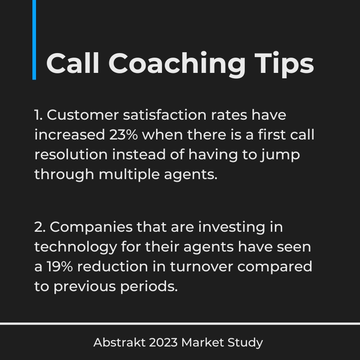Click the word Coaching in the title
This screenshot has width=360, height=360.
tap(177, 65)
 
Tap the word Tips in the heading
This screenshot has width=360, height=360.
tap(284, 65)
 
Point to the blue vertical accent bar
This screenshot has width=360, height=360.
tap(34, 40)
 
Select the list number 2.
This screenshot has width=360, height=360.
tap(40, 227)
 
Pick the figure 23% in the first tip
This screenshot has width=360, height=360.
tap(123, 135)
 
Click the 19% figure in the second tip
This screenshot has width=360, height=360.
tap(60, 266)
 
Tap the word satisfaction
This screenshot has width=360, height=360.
tap(165, 115)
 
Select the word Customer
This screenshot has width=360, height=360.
tap(83, 115)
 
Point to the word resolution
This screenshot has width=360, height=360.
tap(71, 154)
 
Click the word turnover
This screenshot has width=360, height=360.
tap(201, 267)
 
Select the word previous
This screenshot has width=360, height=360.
tap(85, 287)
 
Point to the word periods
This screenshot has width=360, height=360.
tap(149, 287)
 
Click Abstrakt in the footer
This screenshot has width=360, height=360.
tap(119, 342)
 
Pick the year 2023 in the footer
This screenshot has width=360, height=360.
tap(163, 342)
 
